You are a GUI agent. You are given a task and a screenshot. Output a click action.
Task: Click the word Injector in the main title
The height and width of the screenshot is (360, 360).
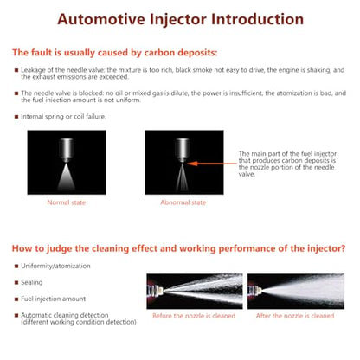(x=178, y=20)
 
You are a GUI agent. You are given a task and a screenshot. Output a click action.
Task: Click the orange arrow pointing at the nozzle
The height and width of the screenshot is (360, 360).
(x=212, y=164)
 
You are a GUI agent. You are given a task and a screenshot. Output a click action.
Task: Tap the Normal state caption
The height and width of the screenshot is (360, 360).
(x=67, y=202)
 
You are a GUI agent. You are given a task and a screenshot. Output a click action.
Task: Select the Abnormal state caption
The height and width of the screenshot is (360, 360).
(x=183, y=202)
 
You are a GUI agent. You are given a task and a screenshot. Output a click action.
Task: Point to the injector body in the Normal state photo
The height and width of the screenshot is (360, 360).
(x=67, y=150)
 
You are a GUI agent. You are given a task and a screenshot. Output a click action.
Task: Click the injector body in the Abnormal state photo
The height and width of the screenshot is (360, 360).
(x=183, y=150)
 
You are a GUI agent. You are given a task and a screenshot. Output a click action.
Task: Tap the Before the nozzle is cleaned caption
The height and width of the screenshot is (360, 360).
(x=194, y=316)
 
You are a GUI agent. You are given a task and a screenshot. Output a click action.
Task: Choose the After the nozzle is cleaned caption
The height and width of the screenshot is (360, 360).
(x=295, y=316)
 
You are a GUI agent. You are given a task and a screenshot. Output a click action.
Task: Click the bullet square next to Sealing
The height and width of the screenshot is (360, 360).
(x=16, y=282)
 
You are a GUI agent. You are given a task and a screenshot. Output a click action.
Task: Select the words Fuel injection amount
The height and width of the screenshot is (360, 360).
(x=54, y=299)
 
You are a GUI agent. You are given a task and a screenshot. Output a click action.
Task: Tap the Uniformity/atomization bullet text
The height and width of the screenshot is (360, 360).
(x=55, y=266)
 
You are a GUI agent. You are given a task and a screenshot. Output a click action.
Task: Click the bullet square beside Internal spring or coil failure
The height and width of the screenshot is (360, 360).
(x=16, y=117)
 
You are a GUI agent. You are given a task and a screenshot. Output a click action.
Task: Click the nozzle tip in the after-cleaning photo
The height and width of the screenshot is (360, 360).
(x=259, y=291)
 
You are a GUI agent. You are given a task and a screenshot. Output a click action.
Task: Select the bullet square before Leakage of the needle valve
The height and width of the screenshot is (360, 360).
(x=16, y=70)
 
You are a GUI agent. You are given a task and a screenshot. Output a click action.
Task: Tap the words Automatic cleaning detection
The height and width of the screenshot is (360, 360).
(x=65, y=315)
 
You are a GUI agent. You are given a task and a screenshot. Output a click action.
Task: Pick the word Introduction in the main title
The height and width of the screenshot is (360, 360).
(x=257, y=20)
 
